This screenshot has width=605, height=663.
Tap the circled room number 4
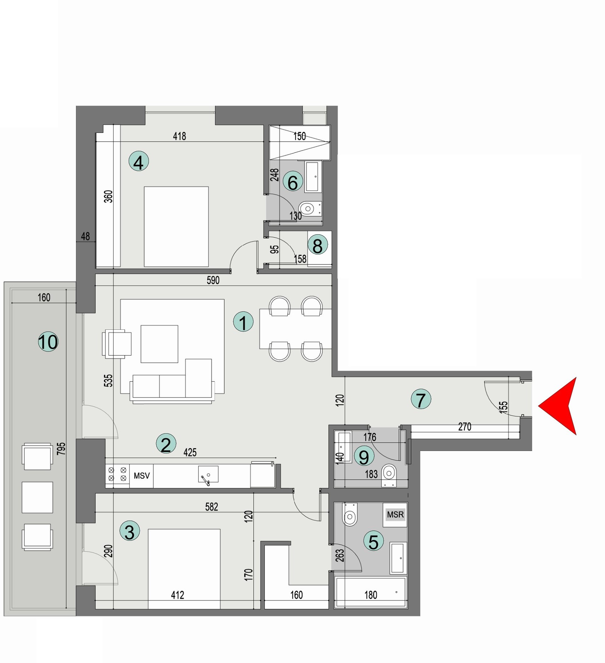coord(139,162)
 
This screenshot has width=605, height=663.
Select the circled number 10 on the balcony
coord(48,342)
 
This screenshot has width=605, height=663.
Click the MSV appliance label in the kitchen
coord(141,476)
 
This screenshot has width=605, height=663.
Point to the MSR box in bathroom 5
coord(395,515)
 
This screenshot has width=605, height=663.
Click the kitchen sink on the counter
coord(208,474)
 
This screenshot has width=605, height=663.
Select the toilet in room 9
coord(389,473)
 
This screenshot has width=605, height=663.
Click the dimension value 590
coord(213,280)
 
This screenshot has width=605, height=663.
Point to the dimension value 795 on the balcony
coord(61,448)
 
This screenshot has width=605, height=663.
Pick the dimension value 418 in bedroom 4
coord(179,136)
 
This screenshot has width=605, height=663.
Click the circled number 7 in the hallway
coord(421,399)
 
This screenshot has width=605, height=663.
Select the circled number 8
coord(318,245)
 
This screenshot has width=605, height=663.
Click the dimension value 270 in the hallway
coord(465,427)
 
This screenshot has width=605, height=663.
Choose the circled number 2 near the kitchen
coord(166,444)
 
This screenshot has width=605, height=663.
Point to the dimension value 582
coord(211,507)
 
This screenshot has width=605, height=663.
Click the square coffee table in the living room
coord(159,344)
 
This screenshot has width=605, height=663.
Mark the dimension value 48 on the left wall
coord(85,236)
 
